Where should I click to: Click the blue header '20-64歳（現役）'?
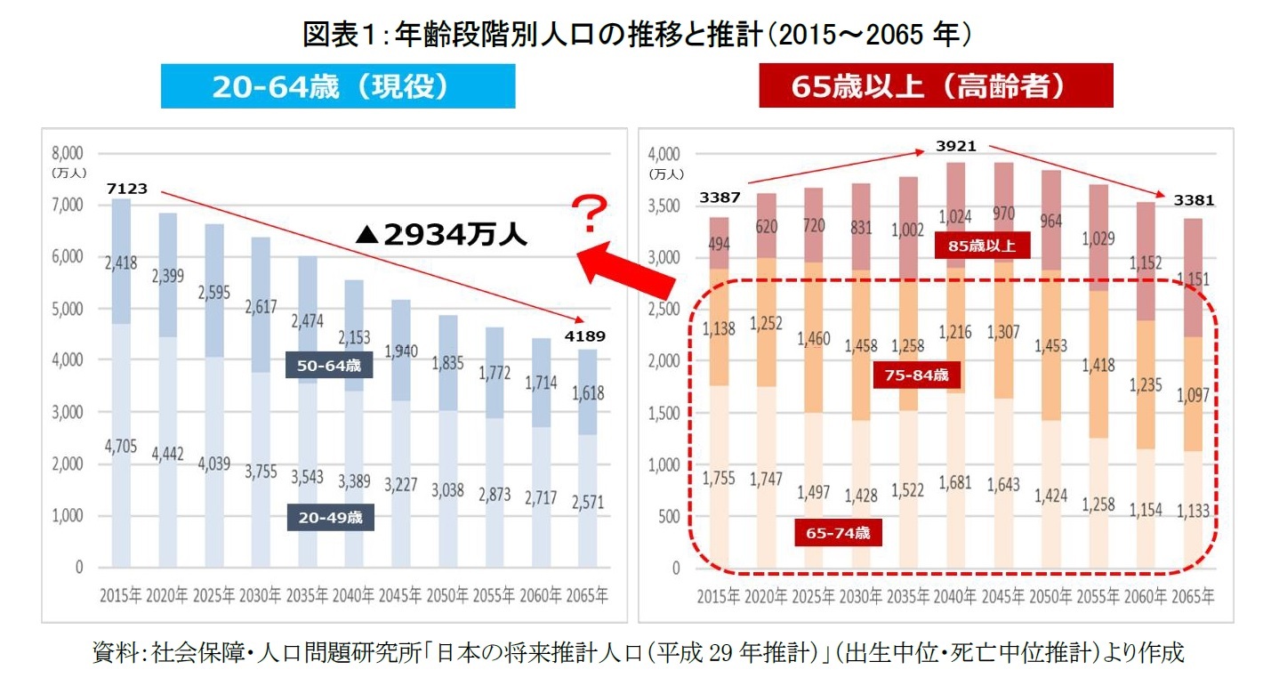click(337, 87)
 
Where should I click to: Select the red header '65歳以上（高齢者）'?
click(936, 87)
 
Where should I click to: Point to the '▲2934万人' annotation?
click(441, 235)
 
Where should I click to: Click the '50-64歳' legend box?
click(328, 365)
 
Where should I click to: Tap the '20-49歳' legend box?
click(330, 517)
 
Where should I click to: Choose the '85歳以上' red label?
click(982, 245)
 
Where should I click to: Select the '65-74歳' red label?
click(838, 533)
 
